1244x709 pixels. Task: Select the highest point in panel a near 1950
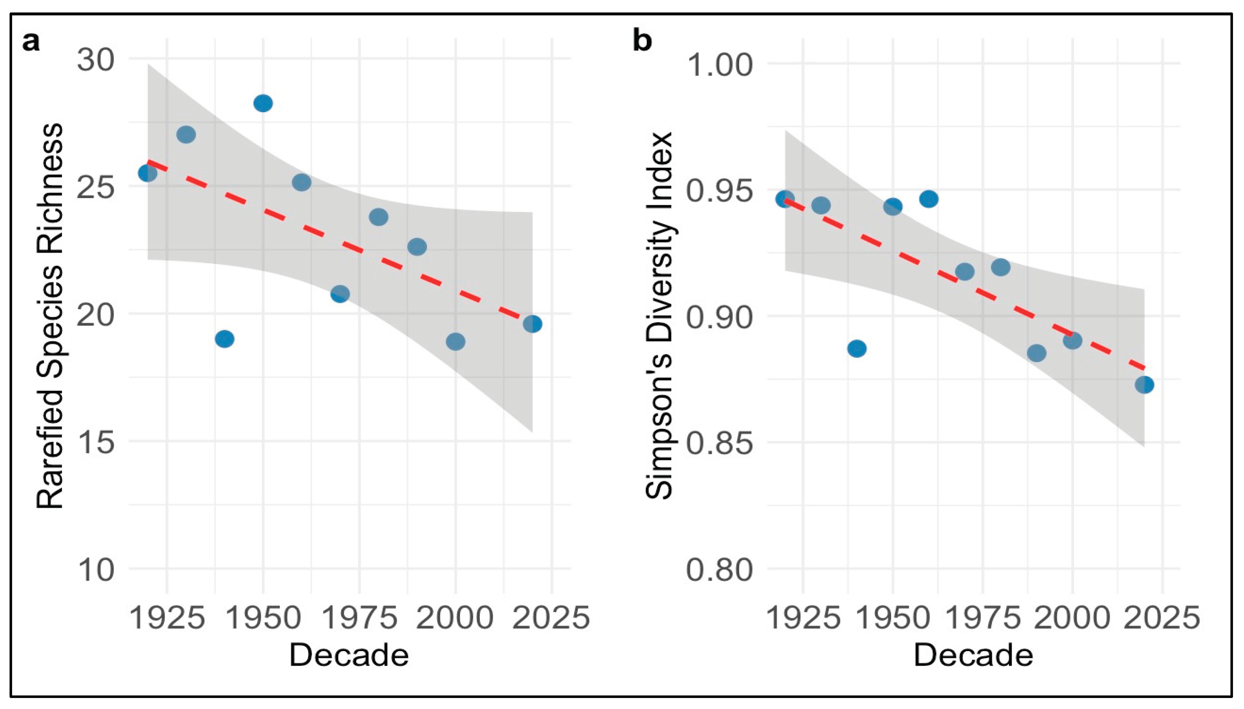point(263,103)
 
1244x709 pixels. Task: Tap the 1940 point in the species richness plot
point(224,338)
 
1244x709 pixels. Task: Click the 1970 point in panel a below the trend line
point(340,294)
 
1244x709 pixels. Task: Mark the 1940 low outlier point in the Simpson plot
point(857,349)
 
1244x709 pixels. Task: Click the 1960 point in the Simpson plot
point(929,199)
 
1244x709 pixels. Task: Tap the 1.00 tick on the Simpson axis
point(719,65)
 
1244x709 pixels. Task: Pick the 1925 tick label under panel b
point(803,617)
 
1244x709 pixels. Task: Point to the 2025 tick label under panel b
point(1162,617)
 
